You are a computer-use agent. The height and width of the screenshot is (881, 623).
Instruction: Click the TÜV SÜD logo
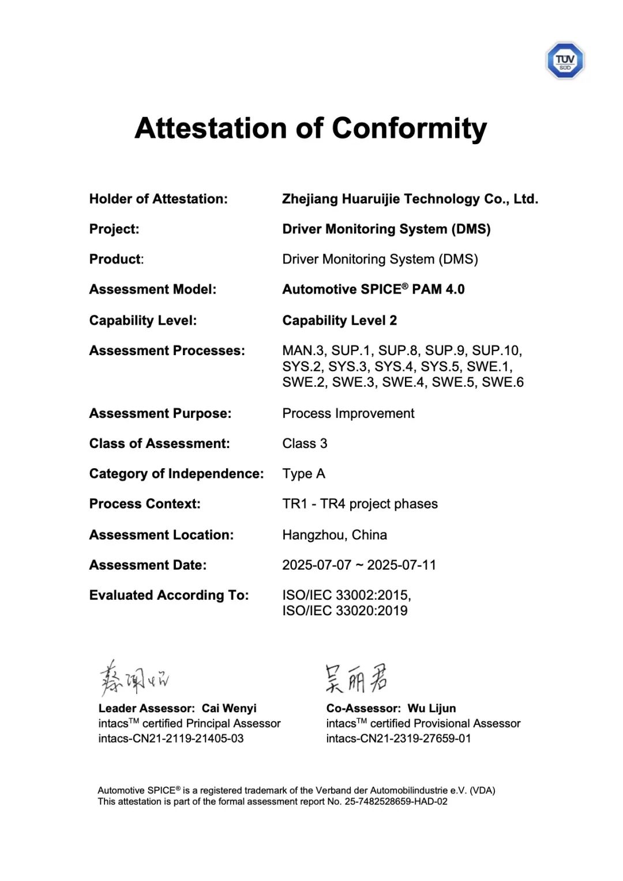[565, 61]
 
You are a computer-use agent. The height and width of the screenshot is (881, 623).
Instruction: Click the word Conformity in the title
[409, 129]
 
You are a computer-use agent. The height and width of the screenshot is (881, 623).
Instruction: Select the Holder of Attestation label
[158, 199]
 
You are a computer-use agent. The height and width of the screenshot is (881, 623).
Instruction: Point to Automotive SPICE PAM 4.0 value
[373, 289]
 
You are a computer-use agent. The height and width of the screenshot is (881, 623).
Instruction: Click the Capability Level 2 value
[339, 321]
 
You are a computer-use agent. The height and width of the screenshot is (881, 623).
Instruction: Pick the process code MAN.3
[303, 351]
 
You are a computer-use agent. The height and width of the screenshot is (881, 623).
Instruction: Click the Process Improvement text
[348, 413]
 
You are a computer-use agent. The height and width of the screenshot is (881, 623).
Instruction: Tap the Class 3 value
[305, 443]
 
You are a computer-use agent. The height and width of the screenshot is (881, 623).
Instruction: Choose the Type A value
[303, 474]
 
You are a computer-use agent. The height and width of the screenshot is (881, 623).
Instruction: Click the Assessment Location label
[161, 535]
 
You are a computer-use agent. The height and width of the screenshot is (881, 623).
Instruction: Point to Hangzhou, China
[335, 535]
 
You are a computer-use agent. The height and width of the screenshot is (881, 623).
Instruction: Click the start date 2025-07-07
[317, 565]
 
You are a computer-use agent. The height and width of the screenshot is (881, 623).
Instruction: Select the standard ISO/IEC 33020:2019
[344, 611]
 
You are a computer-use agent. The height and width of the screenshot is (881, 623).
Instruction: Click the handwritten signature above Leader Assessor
[134, 679]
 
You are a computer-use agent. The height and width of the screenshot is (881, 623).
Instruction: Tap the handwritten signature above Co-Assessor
[356, 678]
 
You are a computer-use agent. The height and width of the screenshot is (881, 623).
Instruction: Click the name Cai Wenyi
[229, 709]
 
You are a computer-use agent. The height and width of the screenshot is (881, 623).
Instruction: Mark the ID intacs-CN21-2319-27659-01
[398, 739]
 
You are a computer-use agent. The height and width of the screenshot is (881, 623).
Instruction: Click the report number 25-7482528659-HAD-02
[396, 801]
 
